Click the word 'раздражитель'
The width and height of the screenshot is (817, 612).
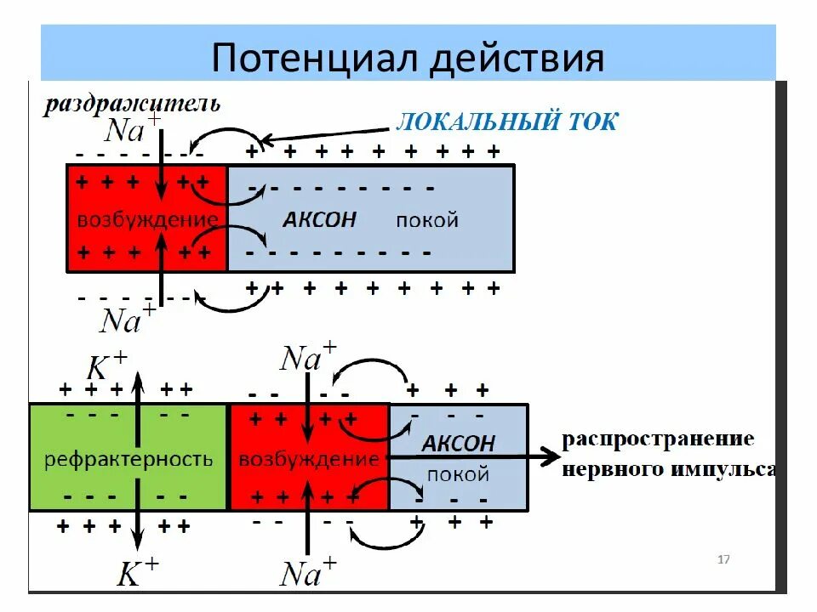point(133,105)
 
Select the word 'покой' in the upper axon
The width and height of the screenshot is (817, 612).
point(426,220)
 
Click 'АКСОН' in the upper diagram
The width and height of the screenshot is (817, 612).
point(319,219)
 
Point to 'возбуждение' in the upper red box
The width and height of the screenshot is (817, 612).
point(146,219)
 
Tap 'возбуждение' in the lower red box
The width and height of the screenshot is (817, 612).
point(308,460)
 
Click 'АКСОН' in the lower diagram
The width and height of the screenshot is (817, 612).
point(458,444)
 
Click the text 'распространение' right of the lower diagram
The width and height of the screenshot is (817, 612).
point(658,439)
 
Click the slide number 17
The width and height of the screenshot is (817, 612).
point(724,559)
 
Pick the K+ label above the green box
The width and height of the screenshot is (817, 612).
point(107,366)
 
